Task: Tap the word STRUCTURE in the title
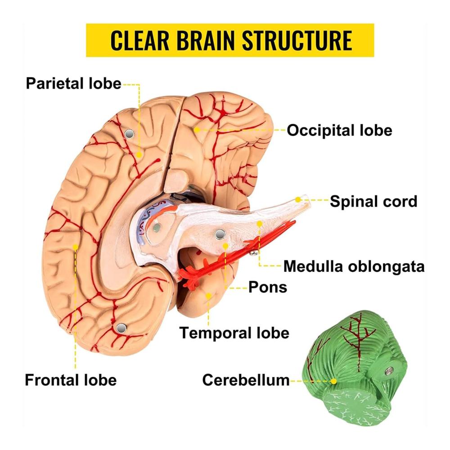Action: [297, 40]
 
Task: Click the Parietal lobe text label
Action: [73, 83]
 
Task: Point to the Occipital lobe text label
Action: [339, 130]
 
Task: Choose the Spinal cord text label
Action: [373, 201]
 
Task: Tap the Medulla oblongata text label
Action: [354, 266]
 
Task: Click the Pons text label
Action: [268, 287]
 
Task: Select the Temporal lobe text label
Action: [234, 333]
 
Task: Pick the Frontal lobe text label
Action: [71, 380]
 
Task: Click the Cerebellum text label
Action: [246, 380]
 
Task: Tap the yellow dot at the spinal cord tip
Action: [298, 199]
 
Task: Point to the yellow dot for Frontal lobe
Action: [76, 247]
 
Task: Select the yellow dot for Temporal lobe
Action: [209, 295]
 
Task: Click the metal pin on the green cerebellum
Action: [388, 371]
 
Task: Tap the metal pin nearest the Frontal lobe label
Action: [120, 329]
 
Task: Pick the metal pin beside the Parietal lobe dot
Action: [129, 134]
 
